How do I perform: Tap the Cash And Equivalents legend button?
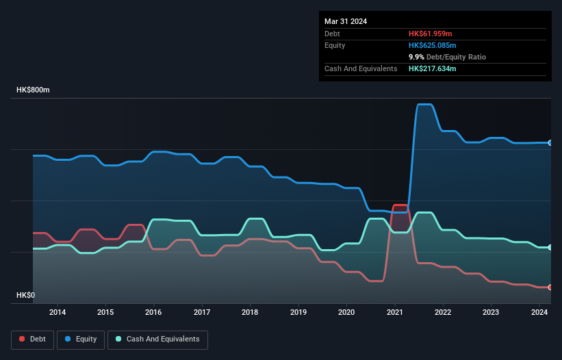click(x=157, y=339)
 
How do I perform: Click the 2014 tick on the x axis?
click(x=58, y=313)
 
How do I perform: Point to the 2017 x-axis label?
click(x=203, y=313)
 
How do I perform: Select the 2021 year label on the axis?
click(x=395, y=313)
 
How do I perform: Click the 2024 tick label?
click(x=539, y=313)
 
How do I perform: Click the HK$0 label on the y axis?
click(x=25, y=295)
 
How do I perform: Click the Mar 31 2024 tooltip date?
click(x=346, y=21)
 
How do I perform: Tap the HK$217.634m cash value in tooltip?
click(x=432, y=68)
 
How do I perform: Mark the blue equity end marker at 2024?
click(x=550, y=142)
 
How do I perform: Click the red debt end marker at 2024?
click(x=550, y=287)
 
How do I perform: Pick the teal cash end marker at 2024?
click(x=550, y=247)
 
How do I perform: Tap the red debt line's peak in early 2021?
click(x=400, y=205)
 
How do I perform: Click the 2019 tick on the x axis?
click(x=298, y=313)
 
